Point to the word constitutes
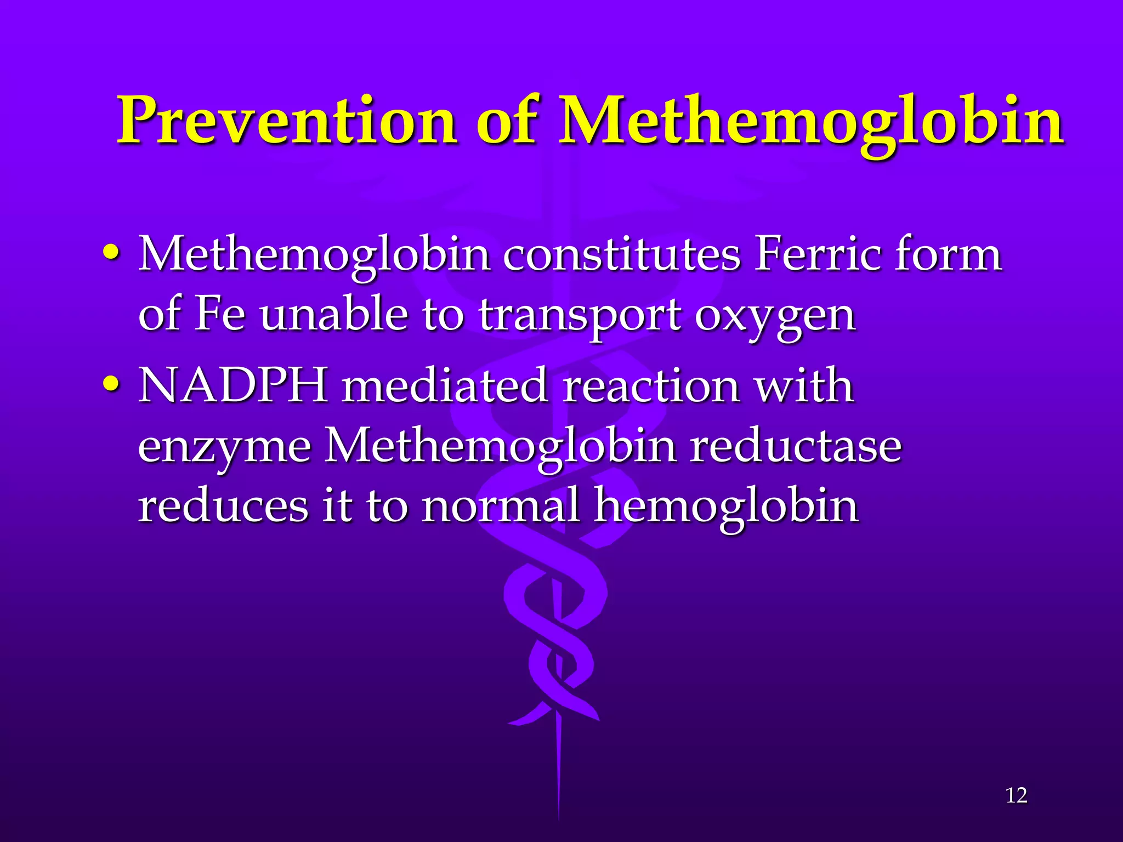point(622,255)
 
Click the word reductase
point(796,445)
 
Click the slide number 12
point(1016,795)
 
